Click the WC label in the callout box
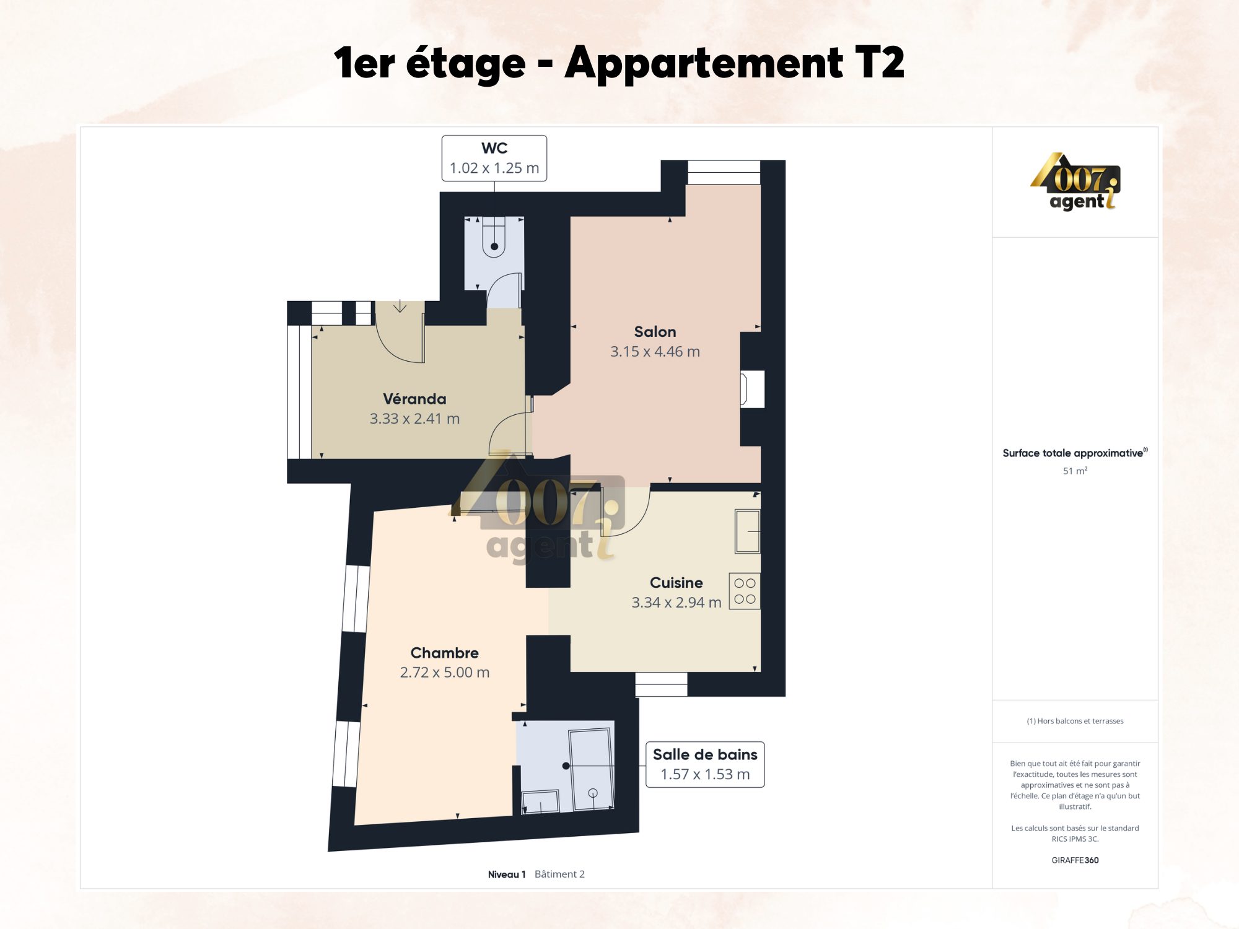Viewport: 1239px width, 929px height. [x=494, y=148]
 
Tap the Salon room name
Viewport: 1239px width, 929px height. [x=655, y=331]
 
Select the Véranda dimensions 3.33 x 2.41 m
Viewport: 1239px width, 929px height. [x=414, y=419]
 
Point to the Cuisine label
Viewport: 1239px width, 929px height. [x=676, y=582]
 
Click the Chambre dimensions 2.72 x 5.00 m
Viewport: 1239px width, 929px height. [x=445, y=672]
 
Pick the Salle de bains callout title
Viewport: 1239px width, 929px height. [x=705, y=754]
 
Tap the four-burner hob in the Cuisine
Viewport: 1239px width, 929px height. [x=745, y=591]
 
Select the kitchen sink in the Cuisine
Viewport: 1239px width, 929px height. [x=748, y=531]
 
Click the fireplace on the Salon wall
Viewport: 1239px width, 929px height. [x=752, y=389]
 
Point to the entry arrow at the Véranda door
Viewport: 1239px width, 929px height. [x=400, y=306]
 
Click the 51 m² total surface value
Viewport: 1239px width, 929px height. [x=1075, y=471]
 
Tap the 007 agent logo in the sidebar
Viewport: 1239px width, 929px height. [x=1075, y=181]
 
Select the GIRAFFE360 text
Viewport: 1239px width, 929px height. [x=1075, y=860]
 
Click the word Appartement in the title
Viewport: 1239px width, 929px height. [x=704, y=63]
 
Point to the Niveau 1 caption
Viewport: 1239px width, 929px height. [x=507, y=874]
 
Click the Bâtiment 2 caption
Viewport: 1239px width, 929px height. [x=559, y=874]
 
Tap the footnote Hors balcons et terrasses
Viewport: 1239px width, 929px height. [x=1075, y=721]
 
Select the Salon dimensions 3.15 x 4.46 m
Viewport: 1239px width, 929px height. [x=655, y=351]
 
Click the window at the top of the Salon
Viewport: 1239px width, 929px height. [x=724, y=172]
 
